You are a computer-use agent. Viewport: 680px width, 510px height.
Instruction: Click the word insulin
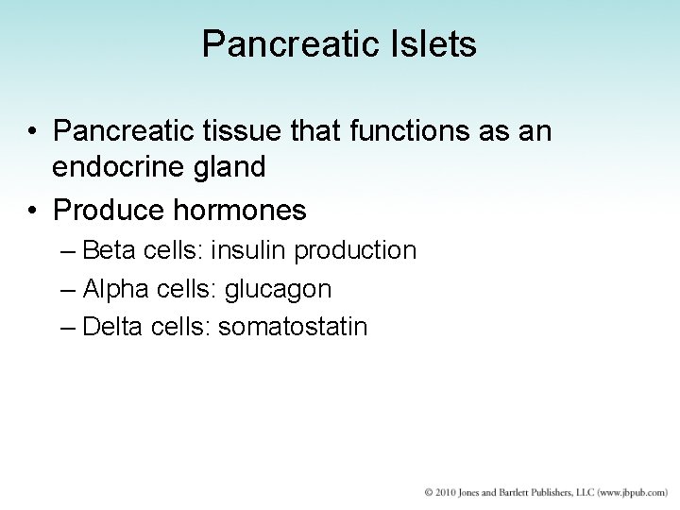pyautogui.click(x=252, y=250)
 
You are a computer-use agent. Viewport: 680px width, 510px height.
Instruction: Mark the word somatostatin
pyautogui.click(x=294, y=326)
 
